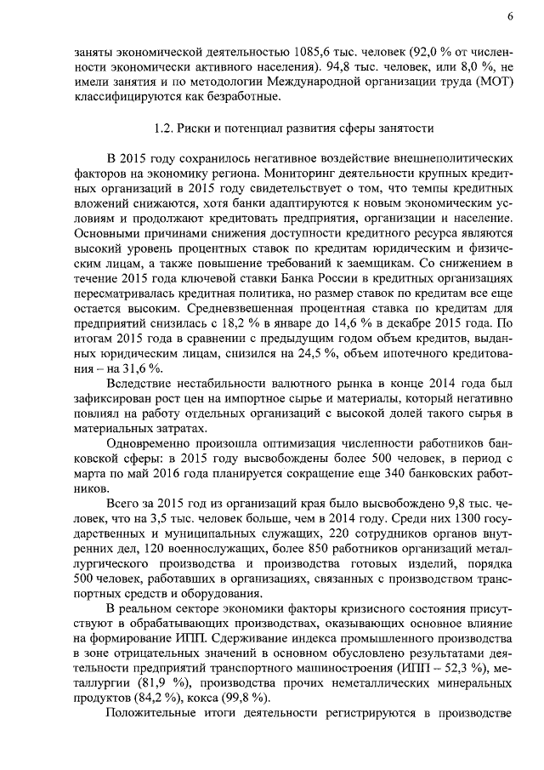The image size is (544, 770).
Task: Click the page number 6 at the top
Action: (x=510, y=16)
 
